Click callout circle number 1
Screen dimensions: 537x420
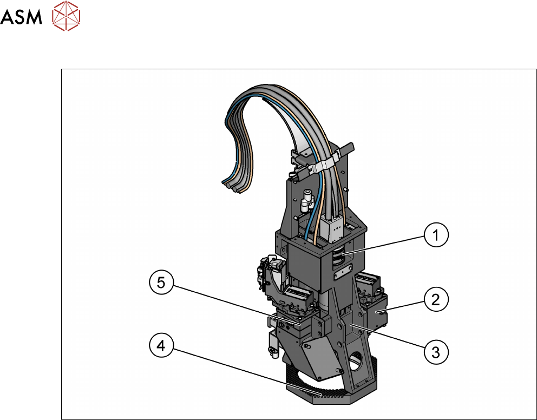(436, 235)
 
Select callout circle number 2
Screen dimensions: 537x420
(436, 299)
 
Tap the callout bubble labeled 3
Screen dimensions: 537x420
(436, 352)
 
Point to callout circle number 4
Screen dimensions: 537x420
(162, 346)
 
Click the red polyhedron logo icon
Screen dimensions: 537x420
(66, 16)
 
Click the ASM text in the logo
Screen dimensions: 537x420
(21, 17)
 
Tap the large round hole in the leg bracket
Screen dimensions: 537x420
(357, 361)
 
